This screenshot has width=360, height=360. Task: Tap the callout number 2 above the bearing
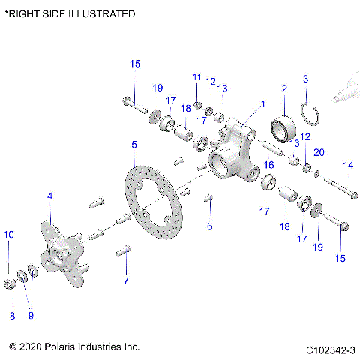284,89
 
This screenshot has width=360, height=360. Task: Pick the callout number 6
210,226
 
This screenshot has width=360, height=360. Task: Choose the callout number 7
126,280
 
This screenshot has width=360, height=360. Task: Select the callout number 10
8,235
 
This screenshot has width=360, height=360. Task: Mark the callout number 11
196,77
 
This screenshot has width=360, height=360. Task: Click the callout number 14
348,165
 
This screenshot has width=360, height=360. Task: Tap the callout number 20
319,152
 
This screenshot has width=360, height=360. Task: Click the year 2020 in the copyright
32,347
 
